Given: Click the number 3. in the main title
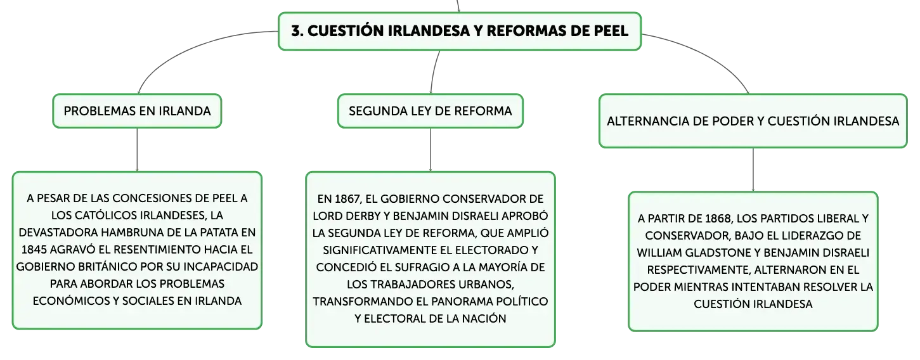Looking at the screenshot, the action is (297, 31).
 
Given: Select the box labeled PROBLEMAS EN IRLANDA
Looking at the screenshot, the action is (137, 111).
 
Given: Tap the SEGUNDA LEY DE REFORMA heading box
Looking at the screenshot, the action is (431, 111).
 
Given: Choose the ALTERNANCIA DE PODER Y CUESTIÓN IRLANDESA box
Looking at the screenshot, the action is (753, 121).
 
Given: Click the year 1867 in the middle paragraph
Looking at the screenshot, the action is (347, 199).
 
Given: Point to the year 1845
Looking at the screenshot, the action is (34, 250).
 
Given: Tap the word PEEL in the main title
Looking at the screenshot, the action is (611, 31).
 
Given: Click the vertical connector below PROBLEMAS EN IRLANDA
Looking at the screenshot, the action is (137, 150).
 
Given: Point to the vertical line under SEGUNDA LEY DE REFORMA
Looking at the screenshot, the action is (431, 150).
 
